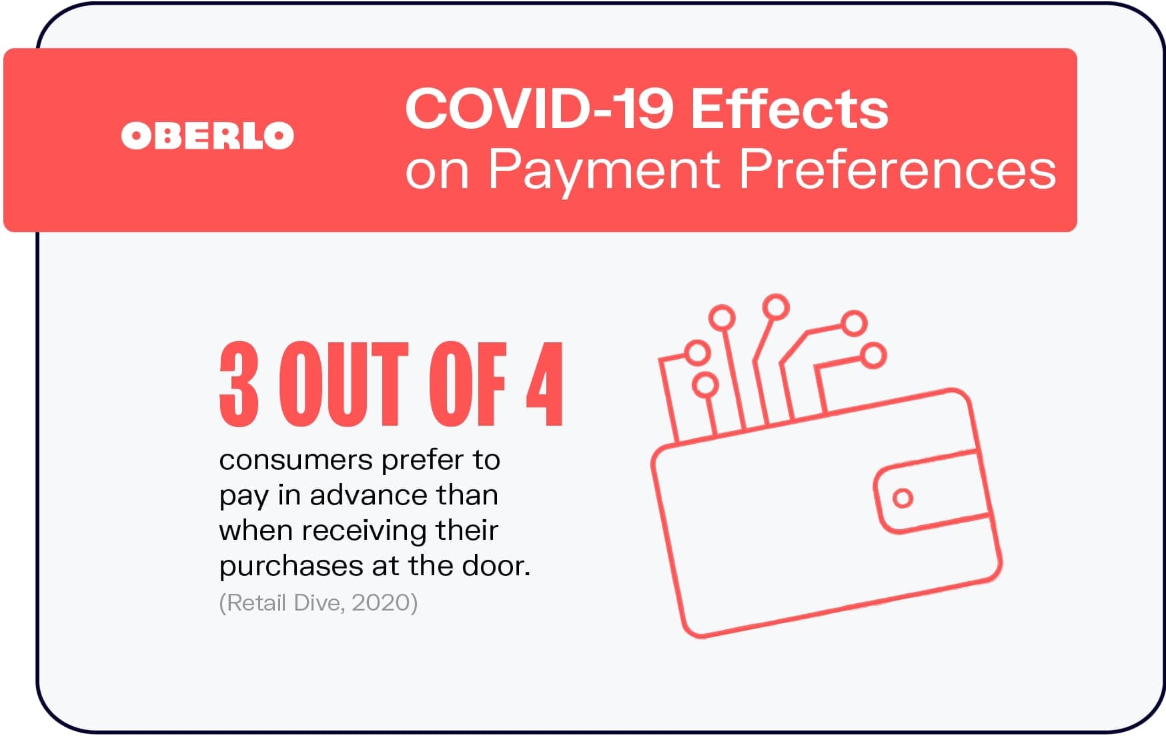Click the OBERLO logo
(x=207, y=135)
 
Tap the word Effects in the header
(x=789, y=109)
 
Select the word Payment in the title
(x=604, y=169)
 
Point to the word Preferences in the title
(x=897, y=169)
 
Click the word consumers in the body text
(x=296, y=460)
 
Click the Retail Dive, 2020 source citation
(x=318, y=603)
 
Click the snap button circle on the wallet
(x=903, y=498)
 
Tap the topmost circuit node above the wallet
(x=776, y=308)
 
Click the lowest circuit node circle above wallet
(x=705, y=385)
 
